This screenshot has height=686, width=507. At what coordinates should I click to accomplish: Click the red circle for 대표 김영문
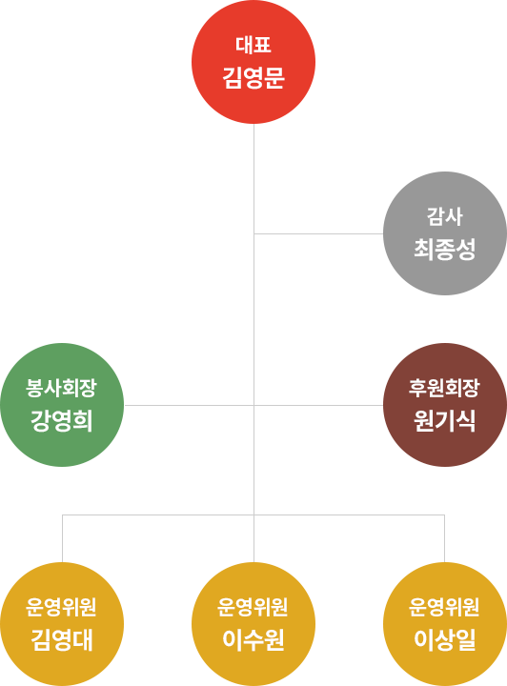click(253, 62)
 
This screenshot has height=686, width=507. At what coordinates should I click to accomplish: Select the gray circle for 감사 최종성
click(445, 233)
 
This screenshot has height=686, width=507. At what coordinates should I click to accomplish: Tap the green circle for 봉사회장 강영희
click(62, 405)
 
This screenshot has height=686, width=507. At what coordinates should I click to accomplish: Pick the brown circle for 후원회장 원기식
click(445, 405)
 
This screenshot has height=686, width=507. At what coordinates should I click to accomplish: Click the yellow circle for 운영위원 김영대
click(62, 624)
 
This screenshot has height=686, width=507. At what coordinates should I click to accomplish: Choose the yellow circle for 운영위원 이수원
click(253, 624)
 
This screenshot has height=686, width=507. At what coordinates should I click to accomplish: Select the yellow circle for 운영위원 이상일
click(445, 624)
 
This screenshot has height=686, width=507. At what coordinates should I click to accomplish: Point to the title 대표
click(253, 45)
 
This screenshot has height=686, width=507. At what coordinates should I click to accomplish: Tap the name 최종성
click(445, 250)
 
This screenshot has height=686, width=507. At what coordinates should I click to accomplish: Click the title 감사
click(445, 216)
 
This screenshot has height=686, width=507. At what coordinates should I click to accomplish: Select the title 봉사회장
click(61, 388)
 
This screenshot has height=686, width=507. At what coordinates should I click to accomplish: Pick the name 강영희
click(62, 421)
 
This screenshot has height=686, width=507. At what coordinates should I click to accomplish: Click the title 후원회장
click(444, 388)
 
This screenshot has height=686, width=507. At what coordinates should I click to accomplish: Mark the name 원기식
click(445, 421)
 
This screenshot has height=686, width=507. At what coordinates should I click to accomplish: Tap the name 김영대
click(62, 640)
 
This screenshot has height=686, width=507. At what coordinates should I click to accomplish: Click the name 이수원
click(253, 640)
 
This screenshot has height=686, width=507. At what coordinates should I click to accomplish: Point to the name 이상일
click(445, 640)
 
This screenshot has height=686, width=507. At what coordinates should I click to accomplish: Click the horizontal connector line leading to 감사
click(318, 233)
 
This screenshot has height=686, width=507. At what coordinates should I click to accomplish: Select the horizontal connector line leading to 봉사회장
click(189, 405)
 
